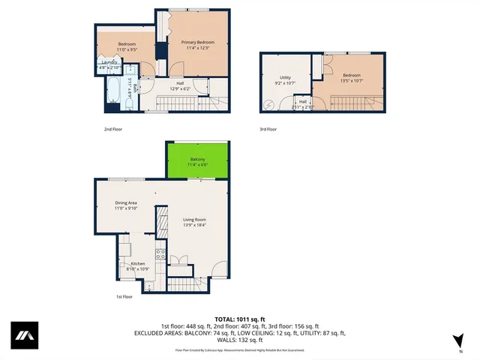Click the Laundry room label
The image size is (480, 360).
point(109,62)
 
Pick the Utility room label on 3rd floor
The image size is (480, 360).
point(285,77)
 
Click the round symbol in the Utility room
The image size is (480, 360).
point(270,105)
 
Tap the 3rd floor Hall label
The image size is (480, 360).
point(303,101)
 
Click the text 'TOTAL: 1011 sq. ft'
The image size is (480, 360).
point(239,319)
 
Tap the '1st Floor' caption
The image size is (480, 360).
point(124,297)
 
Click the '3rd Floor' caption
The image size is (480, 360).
point(268,129)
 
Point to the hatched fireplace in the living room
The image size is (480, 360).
point(160,223)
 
